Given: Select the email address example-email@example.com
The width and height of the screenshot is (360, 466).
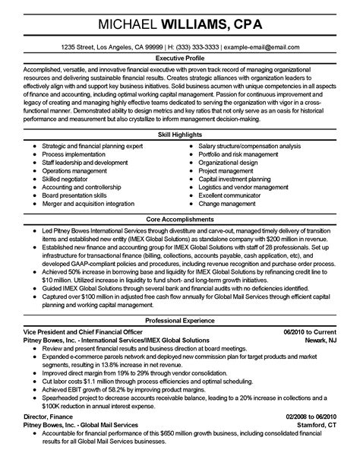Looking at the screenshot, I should (x=260, y=47).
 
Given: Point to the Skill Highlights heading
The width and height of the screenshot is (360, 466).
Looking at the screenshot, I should (x=180, y=134).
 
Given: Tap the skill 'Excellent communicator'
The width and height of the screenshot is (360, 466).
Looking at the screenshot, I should (x=232, y=195).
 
